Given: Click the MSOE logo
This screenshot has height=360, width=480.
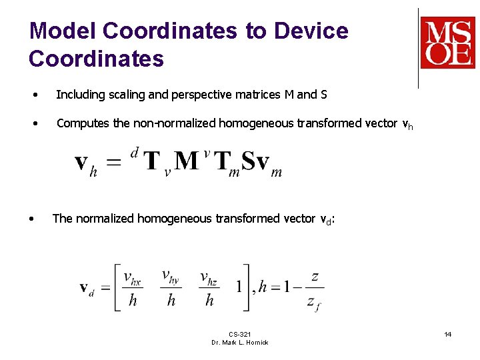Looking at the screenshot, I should pyautogui.click(x=447, y=43).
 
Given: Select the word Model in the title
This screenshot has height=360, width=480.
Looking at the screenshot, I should pyautogui.click(x=63, y=31).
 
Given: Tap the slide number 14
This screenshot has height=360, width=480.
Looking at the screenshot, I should pyautogui.click(x=448, y=333).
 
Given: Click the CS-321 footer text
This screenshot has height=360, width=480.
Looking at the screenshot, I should pyautogui.click(x=239, y=333).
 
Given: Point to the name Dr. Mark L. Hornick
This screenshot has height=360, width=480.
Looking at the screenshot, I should pyautogui.click(x=239, y=342).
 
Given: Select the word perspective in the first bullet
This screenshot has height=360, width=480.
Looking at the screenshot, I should pyautogui.click(x=207, y=95).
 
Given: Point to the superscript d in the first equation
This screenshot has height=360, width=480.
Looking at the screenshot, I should pyautogui.click(x=135, y=153).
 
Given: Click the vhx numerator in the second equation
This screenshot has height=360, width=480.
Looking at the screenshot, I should pyautogui.click(x=133, y=277).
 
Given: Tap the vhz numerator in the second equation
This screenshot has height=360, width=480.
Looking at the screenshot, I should pyautogui.click(x=209, y=277).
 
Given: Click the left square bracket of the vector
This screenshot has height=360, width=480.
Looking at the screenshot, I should pyautogui.click(x=118, y=287).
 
